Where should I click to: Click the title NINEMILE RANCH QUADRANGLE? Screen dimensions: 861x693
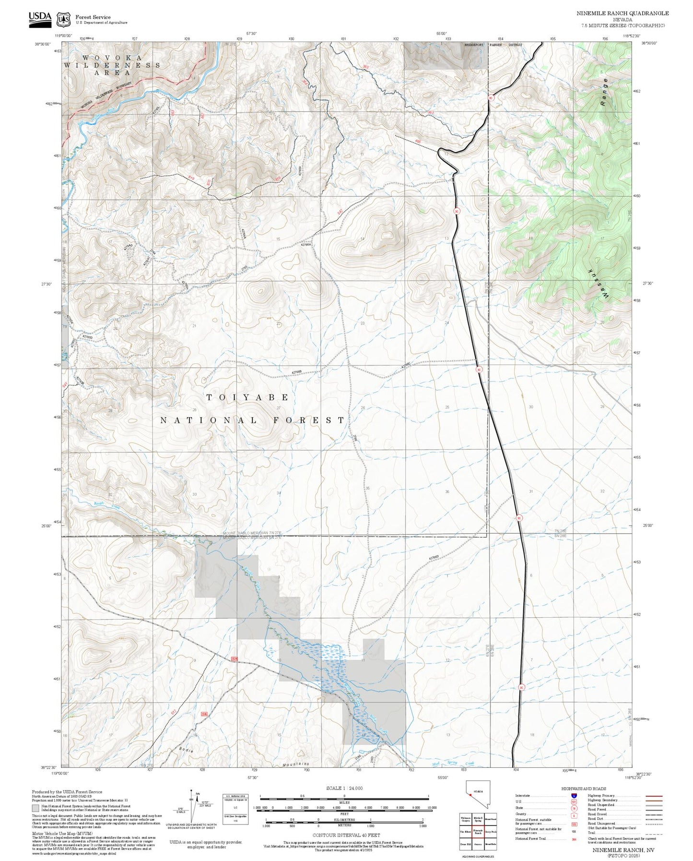(622, 13)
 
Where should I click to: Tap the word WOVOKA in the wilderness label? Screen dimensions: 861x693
(112, 58)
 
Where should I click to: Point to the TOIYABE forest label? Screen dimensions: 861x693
(247, 397)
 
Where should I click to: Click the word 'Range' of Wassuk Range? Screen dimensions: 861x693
(605, 92)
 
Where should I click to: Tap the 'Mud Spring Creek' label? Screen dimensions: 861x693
(446, 763)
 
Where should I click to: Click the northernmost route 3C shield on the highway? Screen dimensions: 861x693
(491, 97)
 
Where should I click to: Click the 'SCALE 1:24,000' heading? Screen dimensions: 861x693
(344, 789)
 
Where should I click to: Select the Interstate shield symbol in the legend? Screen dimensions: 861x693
(574, 796)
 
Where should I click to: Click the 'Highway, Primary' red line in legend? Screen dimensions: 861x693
(654, 796)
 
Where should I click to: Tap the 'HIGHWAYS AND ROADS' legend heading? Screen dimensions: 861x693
(584, 789)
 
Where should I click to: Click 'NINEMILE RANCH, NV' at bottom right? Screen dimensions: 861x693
(623, 850)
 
